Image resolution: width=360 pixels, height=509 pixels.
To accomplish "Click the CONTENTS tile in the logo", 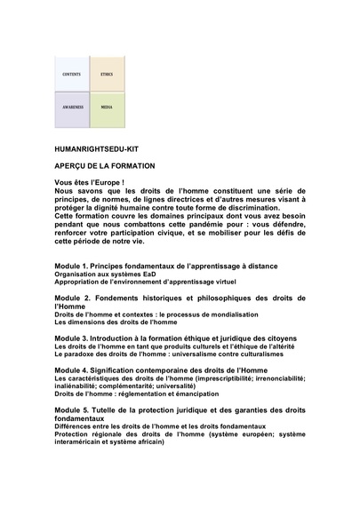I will [x=72, y=74].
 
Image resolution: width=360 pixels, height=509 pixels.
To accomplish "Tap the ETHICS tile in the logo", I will [x=106, y=74].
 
